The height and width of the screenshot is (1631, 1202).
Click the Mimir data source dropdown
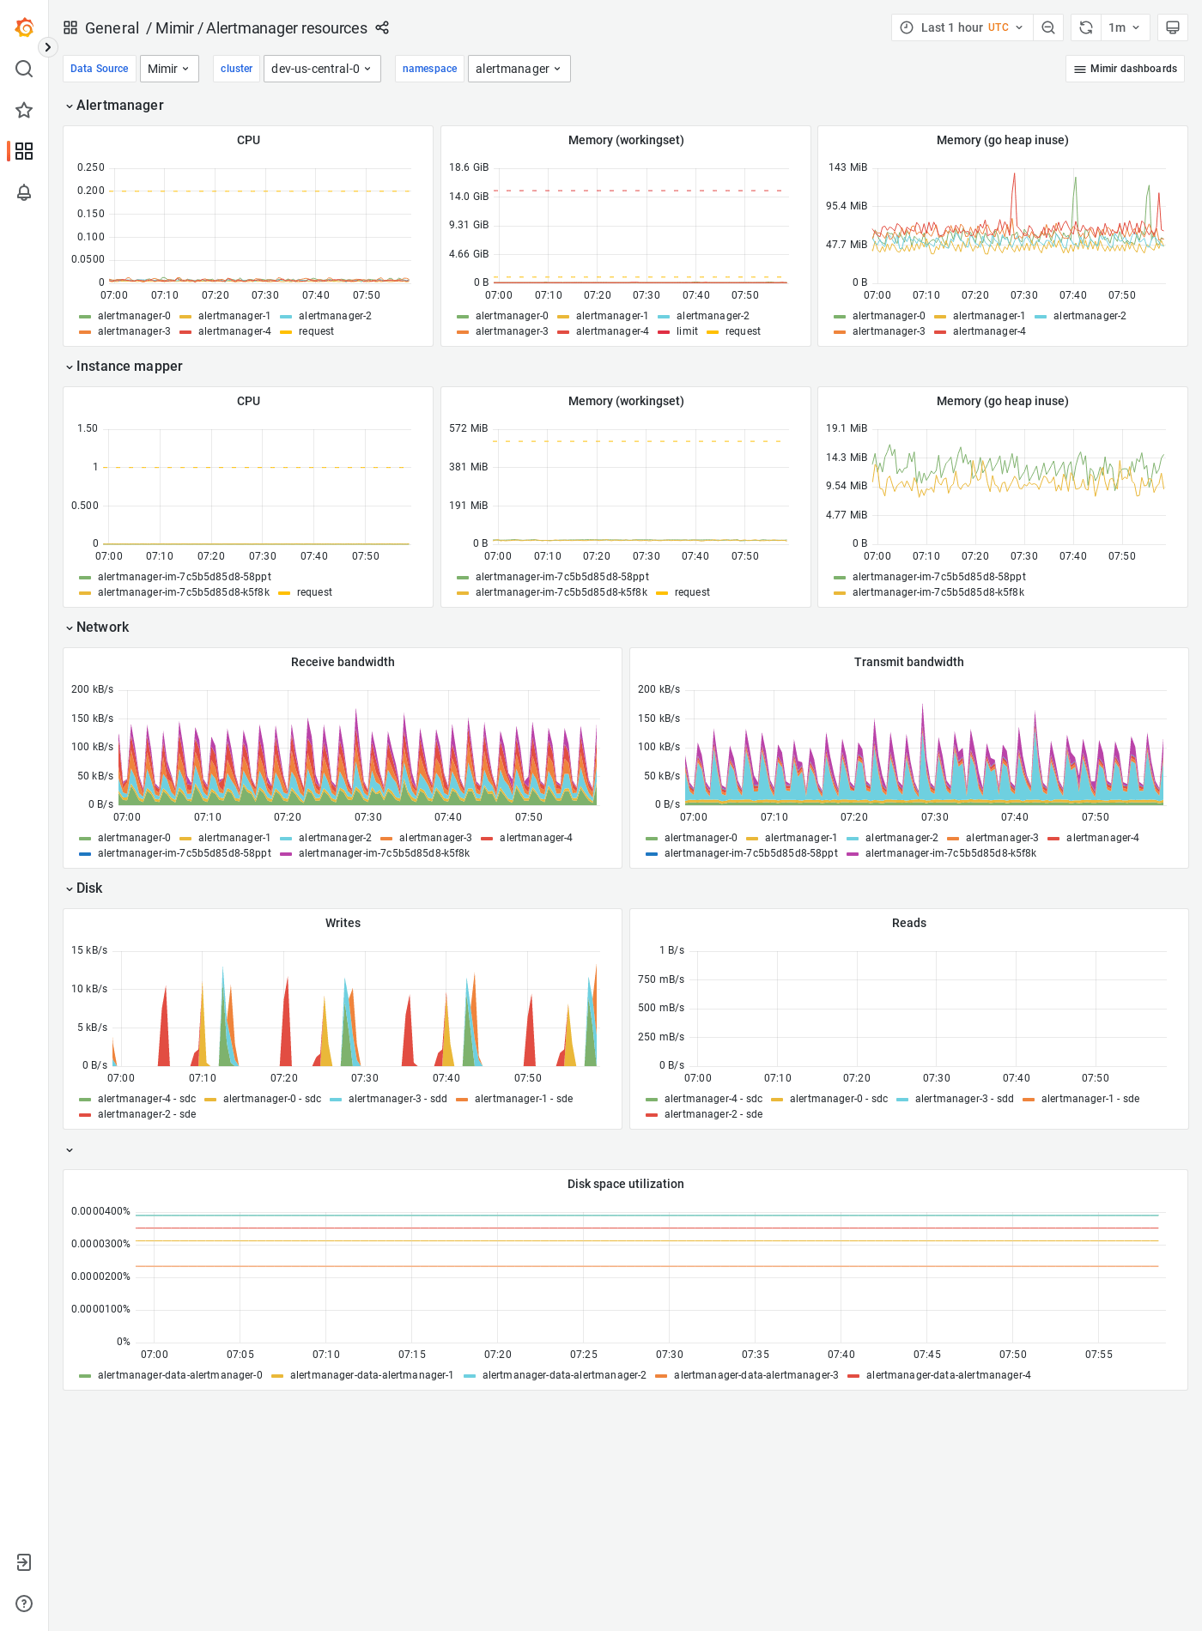pyautogui.click(x=169, y=69)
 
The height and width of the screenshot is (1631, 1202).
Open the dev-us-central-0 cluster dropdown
pyautogui.click(x=322, y=69)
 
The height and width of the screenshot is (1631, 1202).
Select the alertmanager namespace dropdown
pyautogui.click(x=519, y=69)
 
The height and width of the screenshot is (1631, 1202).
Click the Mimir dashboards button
pyautogui.click(x=1125, y=69)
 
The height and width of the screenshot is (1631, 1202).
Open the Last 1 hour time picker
pyautogui.click(x=962, y=27)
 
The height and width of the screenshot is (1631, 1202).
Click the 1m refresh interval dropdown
pyautogui.click(x=1124, y=27)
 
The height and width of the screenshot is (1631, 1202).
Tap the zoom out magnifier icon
pyautogui.click(x=1048, y=27)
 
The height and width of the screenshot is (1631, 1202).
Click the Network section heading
pyautogui.click(x=102, y=628)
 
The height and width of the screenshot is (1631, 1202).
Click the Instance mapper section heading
pyautogui.click(x=129, y=367)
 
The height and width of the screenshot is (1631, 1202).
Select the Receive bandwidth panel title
pyautogui.click(x=343, y=662)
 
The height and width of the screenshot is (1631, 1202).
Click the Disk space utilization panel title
pyautogui.click(x=625, y=1184)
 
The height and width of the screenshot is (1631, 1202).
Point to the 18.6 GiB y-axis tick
pyautogui.click(x=468, y=167)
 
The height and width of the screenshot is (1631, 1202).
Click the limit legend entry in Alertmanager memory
pyautogui.click(x=687, y=331)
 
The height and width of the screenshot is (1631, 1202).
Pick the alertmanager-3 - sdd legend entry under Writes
pyautogui.click(x=397, y=1099)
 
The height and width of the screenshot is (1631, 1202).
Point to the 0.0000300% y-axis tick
pyautogui.click(x=100, y=1244)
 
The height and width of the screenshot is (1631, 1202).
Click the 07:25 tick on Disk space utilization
pyautogui.click(x=584, y=1355)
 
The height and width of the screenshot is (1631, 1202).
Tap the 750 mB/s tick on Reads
pyautogui.click(x=661, y=979)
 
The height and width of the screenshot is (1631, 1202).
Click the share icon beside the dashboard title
pyautogui.click(x=382, y=27)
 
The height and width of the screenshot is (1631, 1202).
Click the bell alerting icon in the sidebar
pyautogui.click(x=24, y=192)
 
